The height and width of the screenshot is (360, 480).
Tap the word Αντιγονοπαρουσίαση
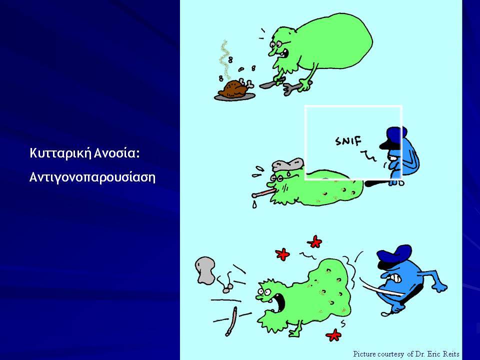(92, 177)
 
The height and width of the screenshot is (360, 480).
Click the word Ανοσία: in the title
(116, 153)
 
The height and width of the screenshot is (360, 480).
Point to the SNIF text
(348, 141)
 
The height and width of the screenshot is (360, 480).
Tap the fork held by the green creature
(296, 87)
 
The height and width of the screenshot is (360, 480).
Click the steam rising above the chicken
(225, 58)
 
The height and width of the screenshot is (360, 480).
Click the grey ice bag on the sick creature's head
(287, 164)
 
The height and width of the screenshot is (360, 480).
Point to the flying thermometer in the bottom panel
(231, 321)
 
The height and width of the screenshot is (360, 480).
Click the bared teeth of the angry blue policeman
(395, 278)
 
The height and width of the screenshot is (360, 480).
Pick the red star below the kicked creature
(334, 335)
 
